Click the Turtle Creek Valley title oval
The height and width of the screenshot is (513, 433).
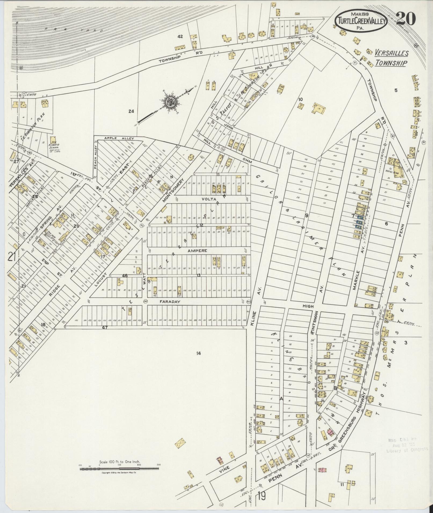pyautogui.click(x=361, y=21)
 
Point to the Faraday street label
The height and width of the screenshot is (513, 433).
pyautogui.click(x=169, y=302)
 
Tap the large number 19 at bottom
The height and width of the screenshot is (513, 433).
pyautogui.click(x=262, y=496)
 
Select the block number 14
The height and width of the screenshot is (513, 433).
pyautogui.click(x=198, y=353)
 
